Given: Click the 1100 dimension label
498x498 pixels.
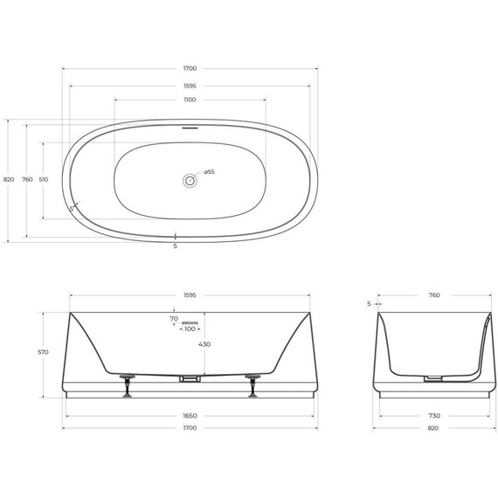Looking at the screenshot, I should [190, 100].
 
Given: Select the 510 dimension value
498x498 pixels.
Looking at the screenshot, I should [44, 179].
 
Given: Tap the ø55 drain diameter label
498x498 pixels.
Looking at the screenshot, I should [210, 172].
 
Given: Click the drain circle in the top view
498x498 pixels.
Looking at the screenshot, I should [189, 180].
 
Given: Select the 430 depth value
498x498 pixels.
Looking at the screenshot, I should [204, 344].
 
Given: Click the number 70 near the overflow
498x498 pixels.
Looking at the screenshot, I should [174, 320].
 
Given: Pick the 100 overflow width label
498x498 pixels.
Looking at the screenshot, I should [190, 329].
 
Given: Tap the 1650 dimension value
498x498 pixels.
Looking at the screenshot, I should [190, 416].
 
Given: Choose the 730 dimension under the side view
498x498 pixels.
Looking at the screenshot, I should [434, 416].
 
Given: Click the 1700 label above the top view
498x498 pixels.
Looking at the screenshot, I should [190, 68].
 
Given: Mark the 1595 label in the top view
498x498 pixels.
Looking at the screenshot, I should [190, 85].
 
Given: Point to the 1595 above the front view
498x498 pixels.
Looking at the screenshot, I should [190, 295].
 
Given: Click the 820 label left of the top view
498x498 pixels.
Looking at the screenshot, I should [8, 179].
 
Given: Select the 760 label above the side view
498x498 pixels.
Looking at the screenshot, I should [434, 295].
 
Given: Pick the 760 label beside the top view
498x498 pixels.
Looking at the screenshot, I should [26, 179].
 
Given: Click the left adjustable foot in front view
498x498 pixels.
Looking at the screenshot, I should [128, 384].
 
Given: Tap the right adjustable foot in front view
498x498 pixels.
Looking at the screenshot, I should [252, 384].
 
